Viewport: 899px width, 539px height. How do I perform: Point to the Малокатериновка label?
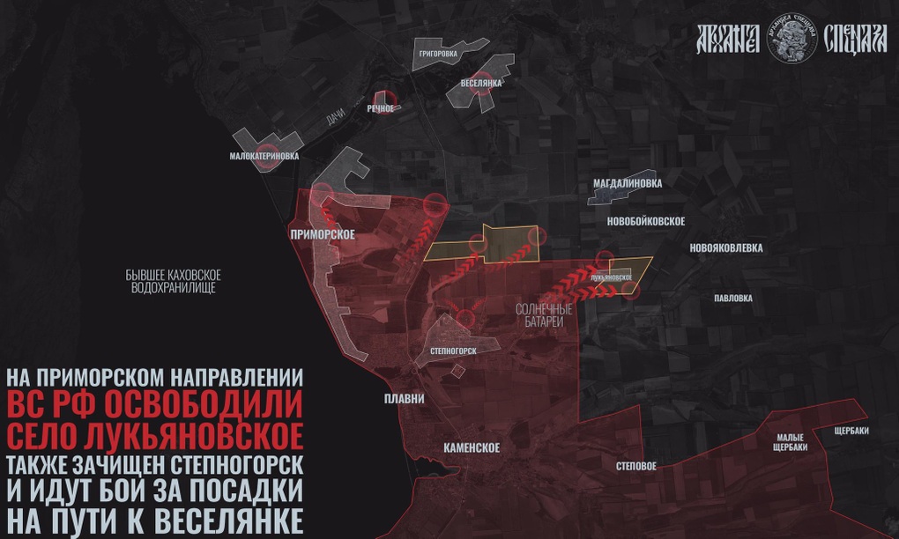(x=264, y=156)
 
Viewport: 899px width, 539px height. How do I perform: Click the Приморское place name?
(x=322, y=234)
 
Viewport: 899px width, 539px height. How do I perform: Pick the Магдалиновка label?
(x=627, y=183)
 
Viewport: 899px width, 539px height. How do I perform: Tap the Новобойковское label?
(x=646, y=221)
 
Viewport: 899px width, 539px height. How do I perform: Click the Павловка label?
(x=732, y=299)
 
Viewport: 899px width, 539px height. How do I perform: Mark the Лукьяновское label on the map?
(x=611, y=278)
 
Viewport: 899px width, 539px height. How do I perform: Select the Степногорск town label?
(x=452, y=351)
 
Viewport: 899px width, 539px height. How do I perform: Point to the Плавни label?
(x=405, y=399)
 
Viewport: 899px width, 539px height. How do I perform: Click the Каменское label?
(x=472, y=448)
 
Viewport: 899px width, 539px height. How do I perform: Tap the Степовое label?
(x=635, y=466)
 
